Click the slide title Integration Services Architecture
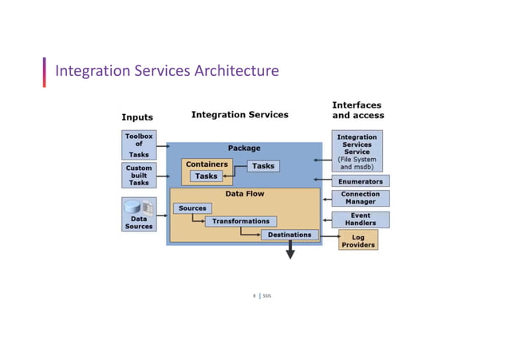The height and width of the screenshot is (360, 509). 167,71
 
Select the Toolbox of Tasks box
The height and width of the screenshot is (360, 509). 139,145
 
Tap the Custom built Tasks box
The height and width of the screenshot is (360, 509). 139,176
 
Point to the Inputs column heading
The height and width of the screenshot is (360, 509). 137,117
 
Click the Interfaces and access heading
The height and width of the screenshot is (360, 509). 357,110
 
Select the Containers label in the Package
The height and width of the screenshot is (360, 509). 207,164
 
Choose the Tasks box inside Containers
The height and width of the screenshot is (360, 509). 206,176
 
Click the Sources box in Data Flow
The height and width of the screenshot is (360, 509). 192,208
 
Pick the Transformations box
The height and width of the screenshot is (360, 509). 240,221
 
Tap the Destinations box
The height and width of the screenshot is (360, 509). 290,235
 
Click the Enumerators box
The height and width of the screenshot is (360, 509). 361,181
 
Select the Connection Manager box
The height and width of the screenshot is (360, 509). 361,198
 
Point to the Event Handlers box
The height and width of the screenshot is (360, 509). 361,219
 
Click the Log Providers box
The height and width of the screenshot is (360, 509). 358,240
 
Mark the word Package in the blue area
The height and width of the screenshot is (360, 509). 244,148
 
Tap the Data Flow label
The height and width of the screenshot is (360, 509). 244,194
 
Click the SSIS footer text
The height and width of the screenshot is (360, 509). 267,296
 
